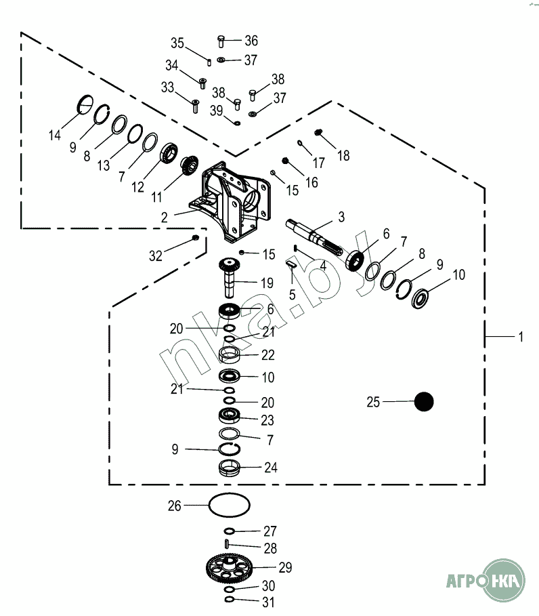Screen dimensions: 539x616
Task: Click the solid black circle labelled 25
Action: click(x=424, y=401)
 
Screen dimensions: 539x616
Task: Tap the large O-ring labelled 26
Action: click(x=230, y=505)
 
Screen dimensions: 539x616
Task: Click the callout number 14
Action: click(x=55, y=136)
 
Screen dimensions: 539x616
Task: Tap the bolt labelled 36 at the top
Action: click(x=221, y=41)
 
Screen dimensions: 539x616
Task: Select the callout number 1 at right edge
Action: click(x=521, y=337)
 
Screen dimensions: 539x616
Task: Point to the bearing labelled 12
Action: click(x=169, y=153)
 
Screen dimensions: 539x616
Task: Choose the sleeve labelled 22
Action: click(x=230, y=354)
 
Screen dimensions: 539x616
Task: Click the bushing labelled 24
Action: click(x=230, y=468)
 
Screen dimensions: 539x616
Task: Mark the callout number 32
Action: click(x=156, y=256)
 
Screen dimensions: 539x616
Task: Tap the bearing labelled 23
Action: click(x=230, y=415)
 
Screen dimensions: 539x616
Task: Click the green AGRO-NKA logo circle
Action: click(x=503, y=580)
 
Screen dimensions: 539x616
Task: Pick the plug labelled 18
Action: click(x=318, y=132)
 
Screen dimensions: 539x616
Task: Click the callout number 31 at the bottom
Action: click(x=269, y=602)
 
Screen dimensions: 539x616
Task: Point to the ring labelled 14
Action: click(x=85, y=104)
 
